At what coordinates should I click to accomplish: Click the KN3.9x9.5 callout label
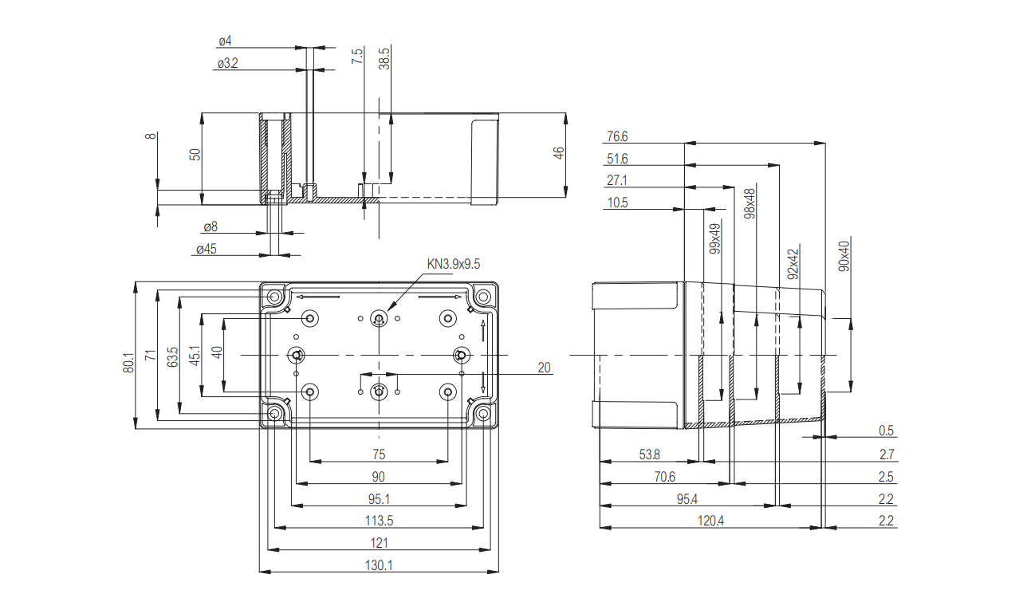(x=454, y=264)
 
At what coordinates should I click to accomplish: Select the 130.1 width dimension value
(x=379, y=565)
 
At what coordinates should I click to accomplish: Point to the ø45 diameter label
(x=206, y=250)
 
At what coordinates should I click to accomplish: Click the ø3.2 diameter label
(x=227, y=63)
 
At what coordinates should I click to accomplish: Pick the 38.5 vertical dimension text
(x=384, y=61)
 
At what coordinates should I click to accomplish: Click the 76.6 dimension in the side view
(x=617, y=136)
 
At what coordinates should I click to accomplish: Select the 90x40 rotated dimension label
(x=844, y=255)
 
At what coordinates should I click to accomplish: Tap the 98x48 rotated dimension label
(x=750, y=204)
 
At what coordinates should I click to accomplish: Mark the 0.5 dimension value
(x=886, y=431)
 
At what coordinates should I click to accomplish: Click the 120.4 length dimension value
(x=710, y=521)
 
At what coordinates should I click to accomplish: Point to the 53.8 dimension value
(x=650, y=454)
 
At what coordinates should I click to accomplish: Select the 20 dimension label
(x=545, y=368)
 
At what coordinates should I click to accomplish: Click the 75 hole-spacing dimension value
(x=379, y=454)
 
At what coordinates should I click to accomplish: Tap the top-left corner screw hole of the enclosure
(x=275, y=297)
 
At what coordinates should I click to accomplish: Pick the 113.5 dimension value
(x=379, y=521)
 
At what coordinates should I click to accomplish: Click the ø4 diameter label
(x=225, y=41)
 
